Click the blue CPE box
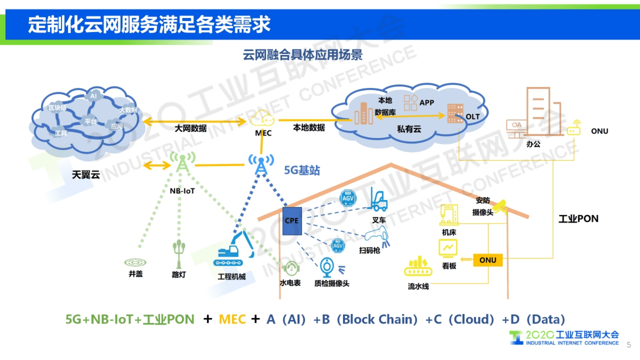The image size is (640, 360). click(x=292, y=221)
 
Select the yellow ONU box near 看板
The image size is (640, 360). click(x=488, y=260)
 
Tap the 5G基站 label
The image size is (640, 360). click(x=302, y=170)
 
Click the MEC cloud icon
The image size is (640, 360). click(x=262, y=118)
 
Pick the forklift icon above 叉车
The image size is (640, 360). click(x=378, y=200)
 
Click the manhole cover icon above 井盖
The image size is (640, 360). click(x=135, y=262)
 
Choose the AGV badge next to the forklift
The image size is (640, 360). click(x=348, y=198)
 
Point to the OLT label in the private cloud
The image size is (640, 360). click(x=473, y=117)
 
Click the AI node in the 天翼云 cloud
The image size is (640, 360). click(x=93, y=96)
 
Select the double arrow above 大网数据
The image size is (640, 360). click(x=195, y=121)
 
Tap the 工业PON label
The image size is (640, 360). click(x=578, y=219)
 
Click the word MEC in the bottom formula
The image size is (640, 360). click(x=232, y=319)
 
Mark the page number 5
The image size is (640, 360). click(x=629, y=345)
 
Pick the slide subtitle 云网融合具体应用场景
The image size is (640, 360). click(x=302, y=55)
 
